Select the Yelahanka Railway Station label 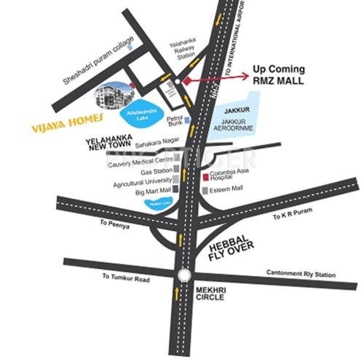coord(181,48)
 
